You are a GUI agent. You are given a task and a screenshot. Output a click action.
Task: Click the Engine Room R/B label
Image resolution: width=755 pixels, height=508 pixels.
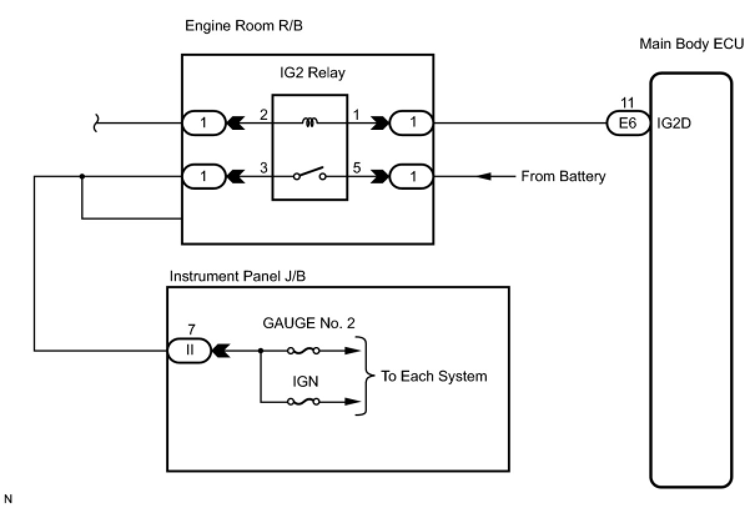244,26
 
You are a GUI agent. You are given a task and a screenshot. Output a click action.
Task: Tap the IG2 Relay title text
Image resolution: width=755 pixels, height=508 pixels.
313,73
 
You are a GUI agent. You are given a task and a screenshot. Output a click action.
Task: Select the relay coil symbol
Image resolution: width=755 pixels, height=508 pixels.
310,122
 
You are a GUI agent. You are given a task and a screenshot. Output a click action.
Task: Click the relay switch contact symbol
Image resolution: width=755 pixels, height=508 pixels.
309,173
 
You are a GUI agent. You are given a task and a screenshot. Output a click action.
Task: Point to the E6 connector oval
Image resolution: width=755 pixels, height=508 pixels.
628,124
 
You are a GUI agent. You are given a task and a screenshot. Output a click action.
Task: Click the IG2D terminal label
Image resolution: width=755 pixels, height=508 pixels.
674,124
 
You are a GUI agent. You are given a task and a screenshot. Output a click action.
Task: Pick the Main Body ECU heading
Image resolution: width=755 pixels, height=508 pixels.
691,44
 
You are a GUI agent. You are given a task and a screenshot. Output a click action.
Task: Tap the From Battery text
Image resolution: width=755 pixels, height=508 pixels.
563,176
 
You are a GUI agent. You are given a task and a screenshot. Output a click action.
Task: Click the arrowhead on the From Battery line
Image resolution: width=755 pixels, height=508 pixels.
485,176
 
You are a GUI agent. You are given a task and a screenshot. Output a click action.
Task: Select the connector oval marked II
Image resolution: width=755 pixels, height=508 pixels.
190,351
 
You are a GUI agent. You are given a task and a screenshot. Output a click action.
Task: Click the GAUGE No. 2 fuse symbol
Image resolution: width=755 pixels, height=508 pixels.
303,351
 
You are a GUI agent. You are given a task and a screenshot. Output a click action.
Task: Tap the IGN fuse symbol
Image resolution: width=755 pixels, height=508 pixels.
303,401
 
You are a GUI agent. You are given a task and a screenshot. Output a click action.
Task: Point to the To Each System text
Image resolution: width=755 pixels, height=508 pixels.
434,376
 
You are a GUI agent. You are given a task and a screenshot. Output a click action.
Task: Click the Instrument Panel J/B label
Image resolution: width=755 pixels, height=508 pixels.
237,276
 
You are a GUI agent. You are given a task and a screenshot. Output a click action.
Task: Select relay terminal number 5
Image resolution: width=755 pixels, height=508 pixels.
357,167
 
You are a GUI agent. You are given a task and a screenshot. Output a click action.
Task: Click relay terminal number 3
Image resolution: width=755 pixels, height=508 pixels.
263,167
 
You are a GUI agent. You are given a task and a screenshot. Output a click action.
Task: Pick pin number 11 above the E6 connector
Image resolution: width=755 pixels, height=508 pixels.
627,103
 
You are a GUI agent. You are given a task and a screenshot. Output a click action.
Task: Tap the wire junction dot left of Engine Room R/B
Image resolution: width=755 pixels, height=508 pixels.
82,176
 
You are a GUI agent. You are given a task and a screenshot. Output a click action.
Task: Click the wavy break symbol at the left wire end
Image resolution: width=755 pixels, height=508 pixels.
96,123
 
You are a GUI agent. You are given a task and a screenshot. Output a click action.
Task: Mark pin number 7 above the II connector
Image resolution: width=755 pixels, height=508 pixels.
192,330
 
